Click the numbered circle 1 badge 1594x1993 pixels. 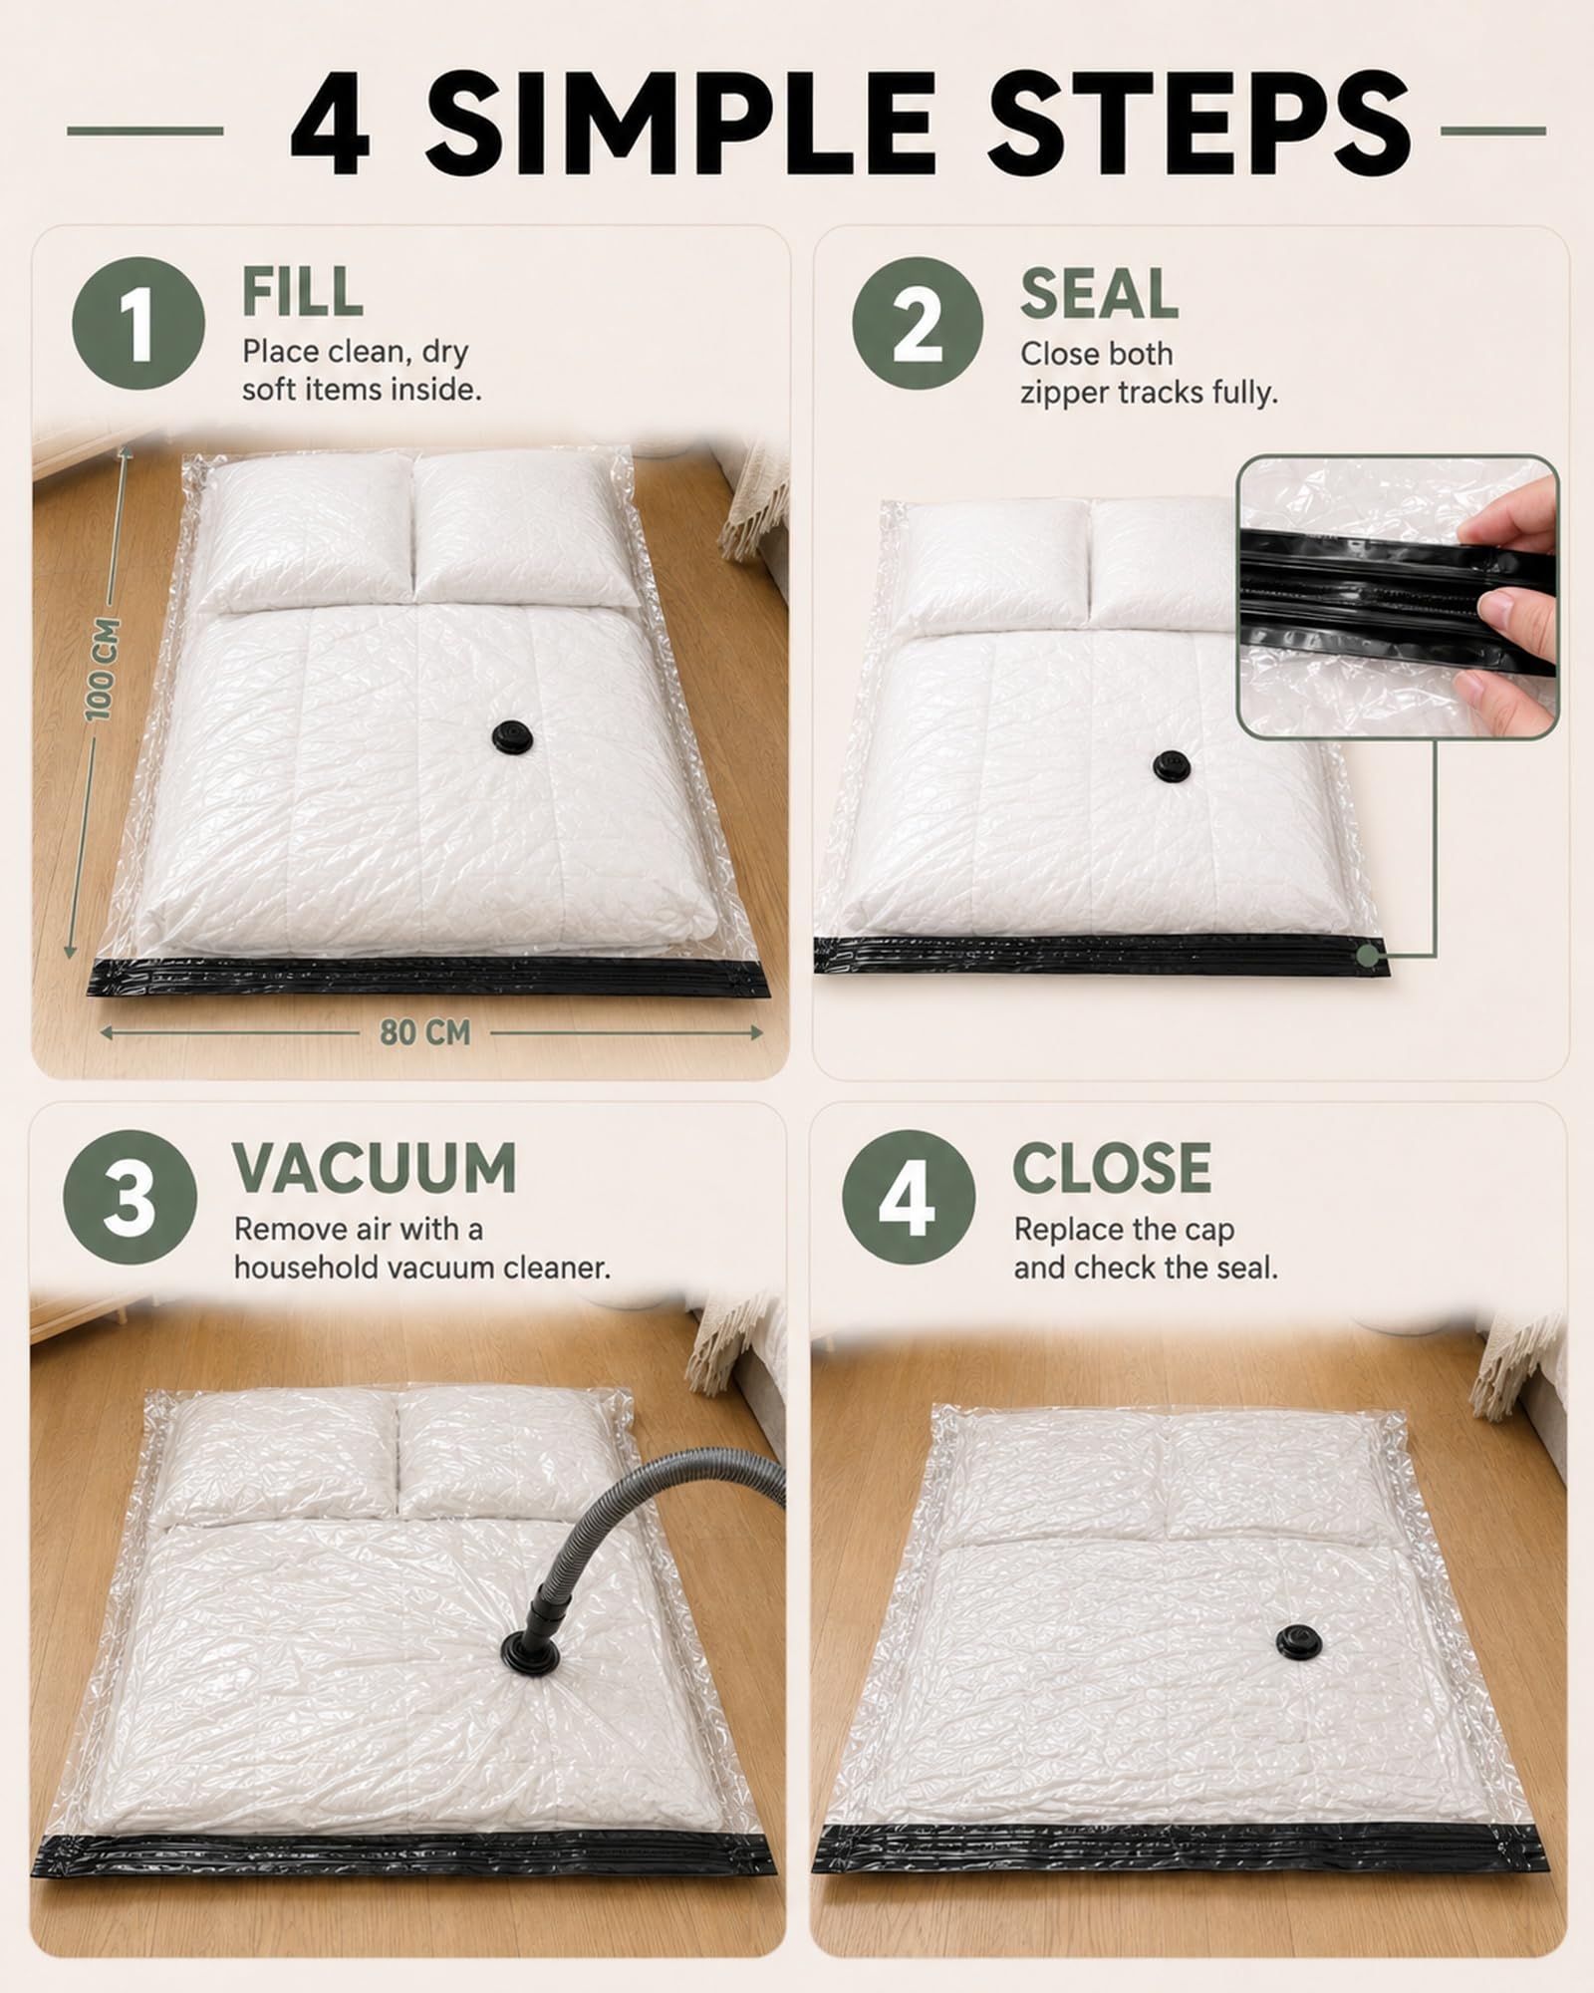(x=138, y=324)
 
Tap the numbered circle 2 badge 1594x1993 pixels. (x=918, y=324)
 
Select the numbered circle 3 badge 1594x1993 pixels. (x=130, y=1197)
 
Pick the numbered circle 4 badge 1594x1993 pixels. (x=909, y=1197)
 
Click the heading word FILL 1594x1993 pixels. (x=302, y=292)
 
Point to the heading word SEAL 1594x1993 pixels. (x=1099, y=294)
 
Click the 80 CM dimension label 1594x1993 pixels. (x=424, y=1032)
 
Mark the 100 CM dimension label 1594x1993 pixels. (x=103, y=669)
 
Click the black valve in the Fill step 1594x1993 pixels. (x=513, y=737)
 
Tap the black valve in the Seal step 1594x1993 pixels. (x=1172, y=765)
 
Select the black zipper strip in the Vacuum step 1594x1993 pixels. (x=407, y=1827)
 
